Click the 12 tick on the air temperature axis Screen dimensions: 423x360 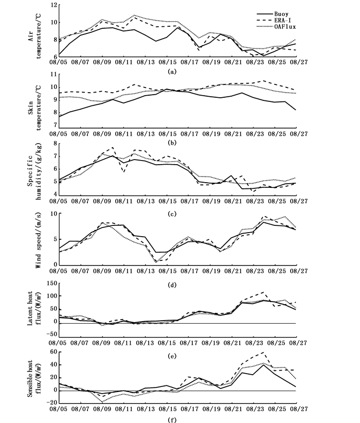(52, 5)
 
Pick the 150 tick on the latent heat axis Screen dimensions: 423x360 (50, 283)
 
